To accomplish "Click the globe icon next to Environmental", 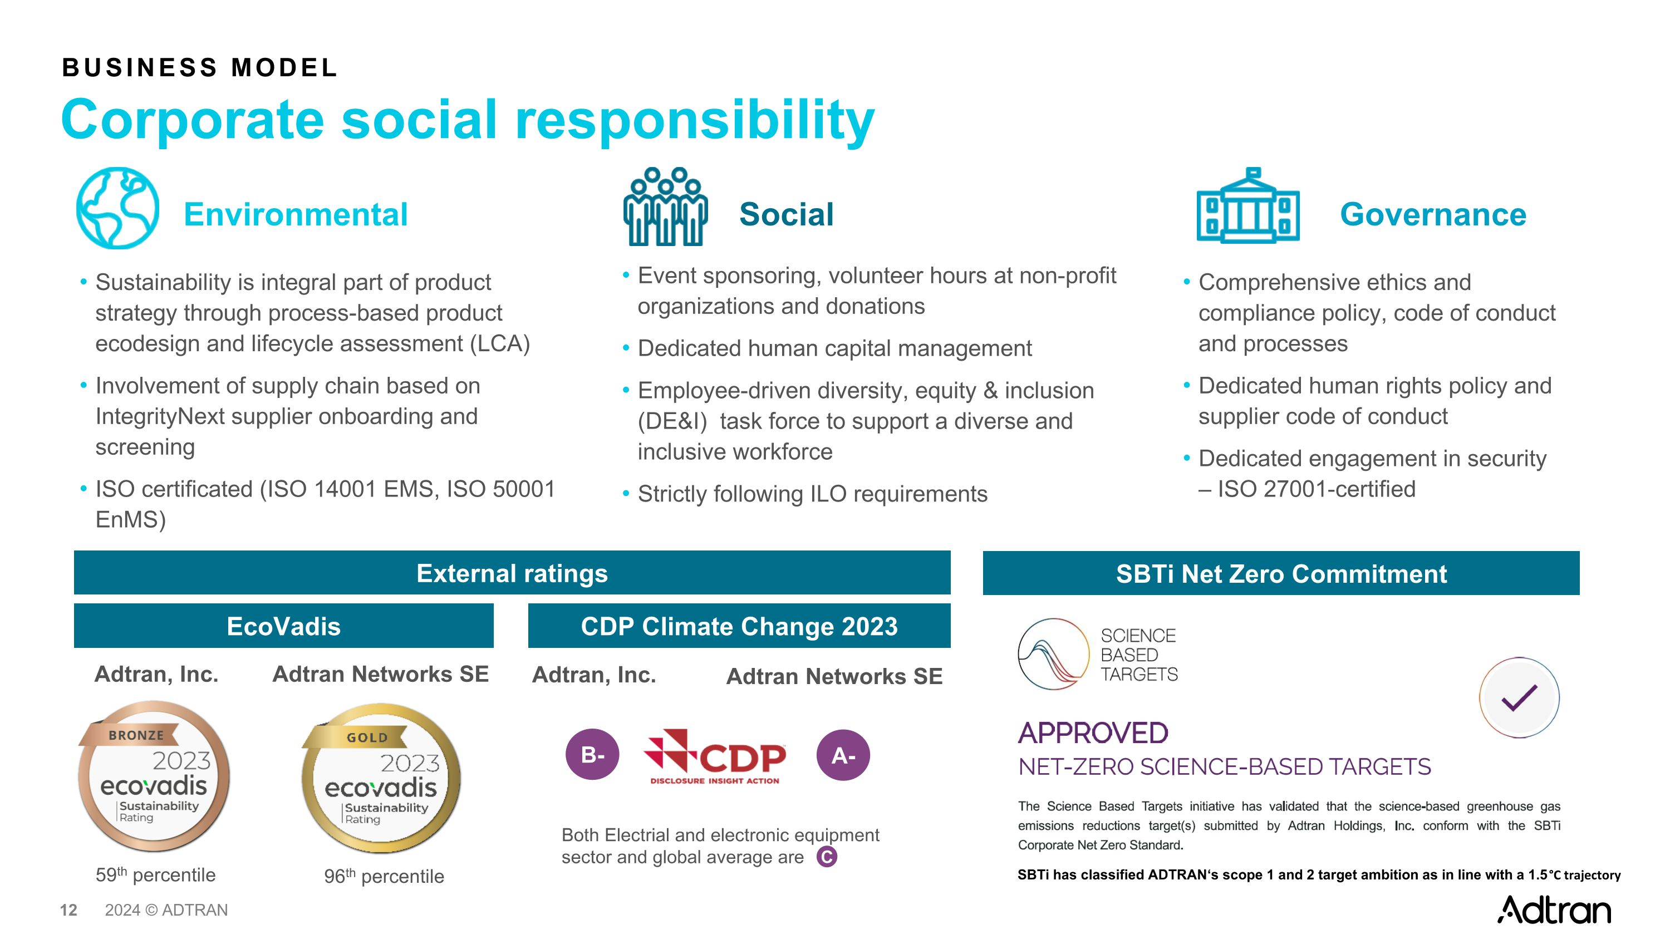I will pyautogui.click(x=117, y=208).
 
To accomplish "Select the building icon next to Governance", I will pyautogui.click(x=1247, y=206).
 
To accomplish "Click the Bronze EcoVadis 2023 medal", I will pyautogui.click(x=154, y=776).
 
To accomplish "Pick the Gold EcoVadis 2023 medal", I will pyautogui.click(x=381, y=778).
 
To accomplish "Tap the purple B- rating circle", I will pyautogui.click(x=592, y=754).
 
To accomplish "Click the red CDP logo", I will pyautogui.click(x=714, y=757).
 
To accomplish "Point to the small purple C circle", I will pyautogui.click(x=827, y=857).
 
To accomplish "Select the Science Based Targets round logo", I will pyautogui.click(x=1053, y=653).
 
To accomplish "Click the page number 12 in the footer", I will pyautogui.click(x=68, y=910).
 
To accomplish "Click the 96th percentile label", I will pyautogui.click(x=384, y=876).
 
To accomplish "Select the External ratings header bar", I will pyautogui.click(x=512, y=573).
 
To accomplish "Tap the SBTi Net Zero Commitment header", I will pyautogui.click(x=1280, y=573).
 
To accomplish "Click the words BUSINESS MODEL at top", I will pyautogui.click(x=200, y=67).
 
